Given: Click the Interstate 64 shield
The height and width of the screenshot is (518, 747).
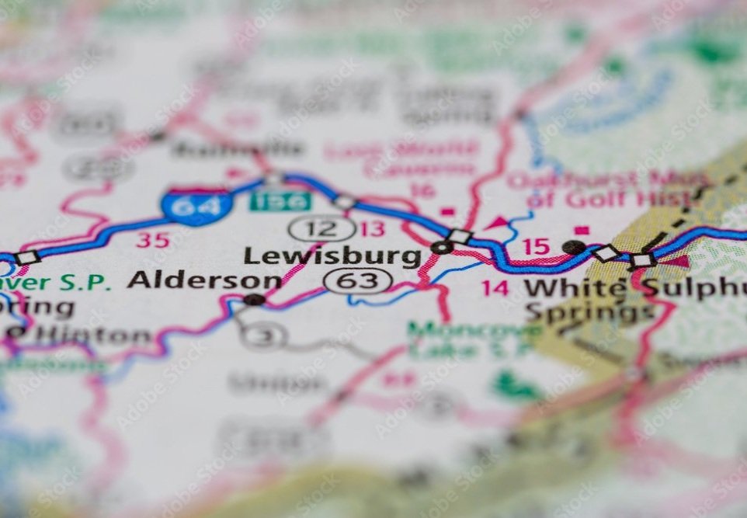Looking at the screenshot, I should [197, 206].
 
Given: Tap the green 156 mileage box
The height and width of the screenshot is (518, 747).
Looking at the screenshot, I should [280, 201].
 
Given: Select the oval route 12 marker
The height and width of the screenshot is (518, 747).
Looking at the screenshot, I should [322, 228].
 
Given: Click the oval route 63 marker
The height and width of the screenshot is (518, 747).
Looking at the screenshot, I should [358, 280].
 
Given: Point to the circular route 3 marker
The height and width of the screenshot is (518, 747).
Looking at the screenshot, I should [264, 335].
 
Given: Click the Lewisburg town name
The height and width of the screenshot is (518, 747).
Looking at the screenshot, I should [332, 256].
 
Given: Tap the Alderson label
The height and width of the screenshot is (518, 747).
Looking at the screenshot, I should [204, 280].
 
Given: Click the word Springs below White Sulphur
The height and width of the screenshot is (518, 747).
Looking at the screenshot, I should [589, 312].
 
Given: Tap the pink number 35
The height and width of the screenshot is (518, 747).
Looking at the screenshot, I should [152, 240].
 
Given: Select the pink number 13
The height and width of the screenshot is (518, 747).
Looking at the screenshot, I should [373, 228].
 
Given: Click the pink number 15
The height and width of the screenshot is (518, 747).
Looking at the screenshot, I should [535, 247].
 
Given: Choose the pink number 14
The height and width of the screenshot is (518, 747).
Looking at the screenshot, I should [495, 288].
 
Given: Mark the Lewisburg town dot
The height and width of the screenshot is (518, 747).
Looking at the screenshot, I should [442, 248].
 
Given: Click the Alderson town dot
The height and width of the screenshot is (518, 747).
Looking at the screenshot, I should [253, 299].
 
